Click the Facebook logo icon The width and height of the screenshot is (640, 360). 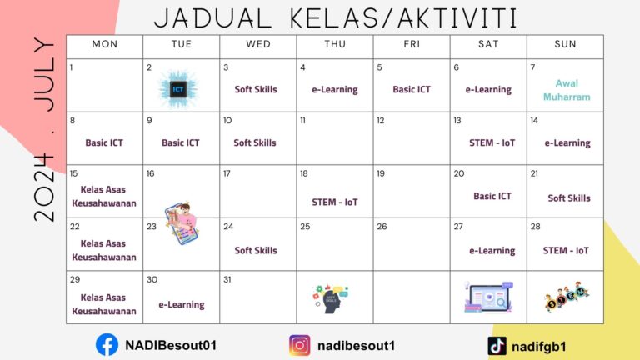click(107, 344)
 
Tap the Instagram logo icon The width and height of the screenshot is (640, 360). click(300, 345)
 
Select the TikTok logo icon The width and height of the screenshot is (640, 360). click(497, 345)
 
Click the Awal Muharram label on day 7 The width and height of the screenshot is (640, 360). click(566, 90)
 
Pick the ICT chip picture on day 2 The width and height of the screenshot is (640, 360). click(177, 87)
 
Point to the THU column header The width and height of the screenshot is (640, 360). click(334, 44)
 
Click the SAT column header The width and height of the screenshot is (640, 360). click(488, 44)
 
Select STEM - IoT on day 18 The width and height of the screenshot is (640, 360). click(334, 201)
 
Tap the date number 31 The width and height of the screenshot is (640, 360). click(227, 279)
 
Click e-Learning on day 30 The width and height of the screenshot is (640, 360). click(182, 305)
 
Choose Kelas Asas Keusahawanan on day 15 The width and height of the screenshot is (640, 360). click(104, 196)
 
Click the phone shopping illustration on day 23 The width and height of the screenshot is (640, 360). click(178, 222)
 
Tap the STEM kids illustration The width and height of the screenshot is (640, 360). click(567, 296)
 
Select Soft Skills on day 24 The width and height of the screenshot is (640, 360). click(255, 251)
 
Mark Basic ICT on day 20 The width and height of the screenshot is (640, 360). click(492, 197)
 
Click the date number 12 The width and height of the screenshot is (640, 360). click(381, 121)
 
